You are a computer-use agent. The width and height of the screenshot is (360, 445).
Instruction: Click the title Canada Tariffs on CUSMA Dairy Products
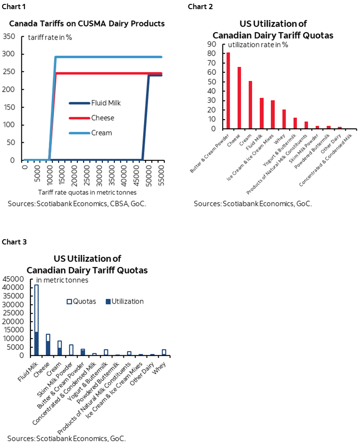87,23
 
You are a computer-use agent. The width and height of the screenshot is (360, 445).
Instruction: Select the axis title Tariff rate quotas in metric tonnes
87,192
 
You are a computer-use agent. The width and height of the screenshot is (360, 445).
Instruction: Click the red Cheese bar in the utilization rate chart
239,98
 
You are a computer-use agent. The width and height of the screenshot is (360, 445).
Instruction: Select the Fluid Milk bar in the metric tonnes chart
37,320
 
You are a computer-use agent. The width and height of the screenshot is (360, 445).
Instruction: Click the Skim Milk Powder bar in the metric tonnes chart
71,350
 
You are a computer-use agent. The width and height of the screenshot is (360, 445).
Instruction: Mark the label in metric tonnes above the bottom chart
62,280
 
